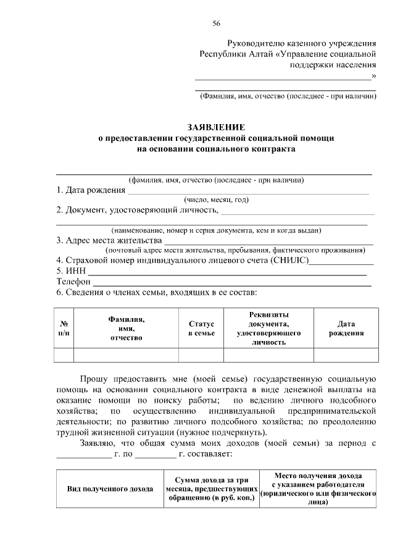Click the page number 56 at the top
(x=217, y=23)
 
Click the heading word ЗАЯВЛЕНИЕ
(x=217, y=127)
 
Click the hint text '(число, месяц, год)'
(x=217, y=200)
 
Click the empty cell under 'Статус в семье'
(x=201, y=355)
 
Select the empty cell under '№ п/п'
(x=64, y=355)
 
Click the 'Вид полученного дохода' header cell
(x=110, y=489)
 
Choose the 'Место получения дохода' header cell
(x=318, y=489)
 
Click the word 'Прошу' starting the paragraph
(x=93, y=379)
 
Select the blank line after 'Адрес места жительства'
(x=268, y=242)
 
